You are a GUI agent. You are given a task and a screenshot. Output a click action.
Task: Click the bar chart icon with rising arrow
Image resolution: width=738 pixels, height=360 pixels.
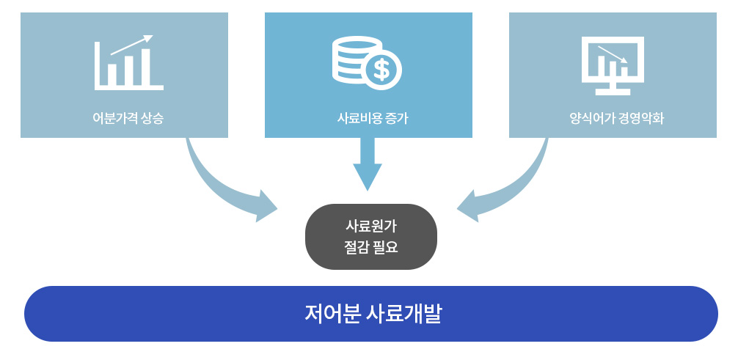[x=128, y=64]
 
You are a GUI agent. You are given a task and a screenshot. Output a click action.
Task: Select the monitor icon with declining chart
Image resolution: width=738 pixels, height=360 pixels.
[x=613, y=65]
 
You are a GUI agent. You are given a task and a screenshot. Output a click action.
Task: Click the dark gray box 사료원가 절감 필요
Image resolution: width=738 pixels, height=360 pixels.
[x=370, y=236]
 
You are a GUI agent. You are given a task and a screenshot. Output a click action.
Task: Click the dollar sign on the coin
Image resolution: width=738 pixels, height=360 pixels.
[x=381, y=70]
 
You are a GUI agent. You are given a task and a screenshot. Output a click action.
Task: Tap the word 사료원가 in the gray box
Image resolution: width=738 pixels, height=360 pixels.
[x=370, y=226]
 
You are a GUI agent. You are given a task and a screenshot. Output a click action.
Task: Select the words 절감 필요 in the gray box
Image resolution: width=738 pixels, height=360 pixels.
[x=370, y=248]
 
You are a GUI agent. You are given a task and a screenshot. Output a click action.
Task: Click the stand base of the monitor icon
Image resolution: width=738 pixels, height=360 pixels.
[x=613, y=92]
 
